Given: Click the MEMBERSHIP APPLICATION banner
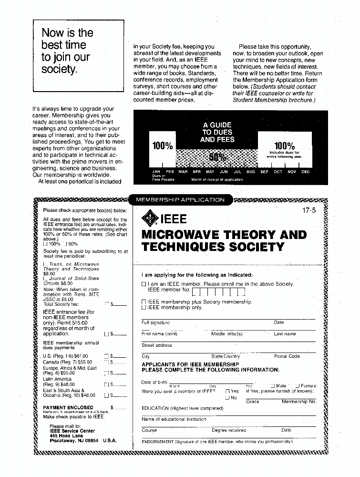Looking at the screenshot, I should pos(180,200).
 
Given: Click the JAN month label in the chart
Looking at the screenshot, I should pos(156,172).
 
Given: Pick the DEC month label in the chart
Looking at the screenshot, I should pos(305,172).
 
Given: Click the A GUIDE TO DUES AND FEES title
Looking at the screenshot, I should pos(217,133).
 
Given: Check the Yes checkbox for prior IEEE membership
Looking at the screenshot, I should pos(228,391).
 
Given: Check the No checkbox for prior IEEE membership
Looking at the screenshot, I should pos(228,397).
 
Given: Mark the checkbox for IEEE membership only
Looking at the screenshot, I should pos(144,308).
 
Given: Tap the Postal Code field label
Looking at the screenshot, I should pos(287,356).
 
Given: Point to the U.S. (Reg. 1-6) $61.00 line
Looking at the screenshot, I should pos(65,356).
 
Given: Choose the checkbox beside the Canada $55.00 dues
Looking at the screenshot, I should pos(107,363).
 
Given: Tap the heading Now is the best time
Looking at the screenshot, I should pos(67,51).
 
